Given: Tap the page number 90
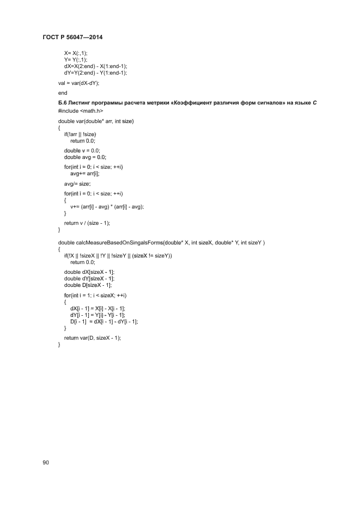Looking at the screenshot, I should coord(46,462).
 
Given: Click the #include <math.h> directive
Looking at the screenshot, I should coord(81,111).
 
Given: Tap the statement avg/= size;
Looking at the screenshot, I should coord(77,184).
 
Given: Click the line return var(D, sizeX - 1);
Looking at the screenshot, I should coord(92,338).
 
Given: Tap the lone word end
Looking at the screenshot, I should coord(63,93).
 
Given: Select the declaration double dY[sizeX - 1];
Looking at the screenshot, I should coord(89,278).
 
